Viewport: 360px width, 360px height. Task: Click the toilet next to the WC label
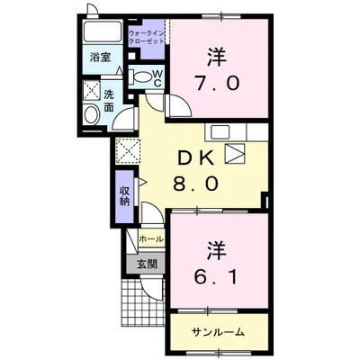click(x=140, y=77)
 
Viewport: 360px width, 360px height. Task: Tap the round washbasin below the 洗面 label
click(x=90, y=115)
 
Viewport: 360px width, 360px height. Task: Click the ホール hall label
click(x=150, y=240)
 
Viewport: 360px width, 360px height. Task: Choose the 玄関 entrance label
click(x=147, y=264)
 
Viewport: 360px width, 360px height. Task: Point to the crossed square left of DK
click(x=126, y=149)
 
